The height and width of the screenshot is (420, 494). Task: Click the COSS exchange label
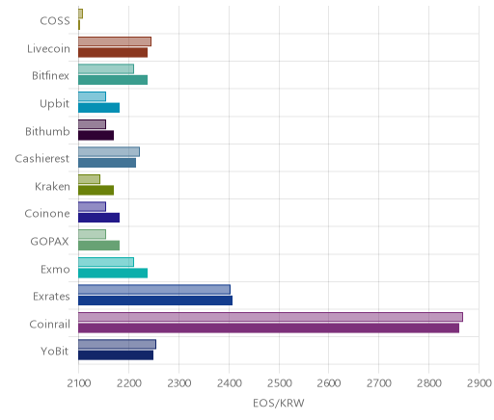(55, 21)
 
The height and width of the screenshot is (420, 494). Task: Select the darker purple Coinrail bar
(268, 328)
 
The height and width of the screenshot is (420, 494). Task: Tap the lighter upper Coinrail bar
(270, 317)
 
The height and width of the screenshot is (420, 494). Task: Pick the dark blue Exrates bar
(155, 301)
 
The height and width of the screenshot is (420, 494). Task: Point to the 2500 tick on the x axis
(279, 383)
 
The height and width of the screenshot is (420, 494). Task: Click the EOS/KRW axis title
(279, 403)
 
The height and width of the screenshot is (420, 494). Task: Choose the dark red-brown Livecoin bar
(113, 53)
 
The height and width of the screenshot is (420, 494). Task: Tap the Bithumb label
(47, 131)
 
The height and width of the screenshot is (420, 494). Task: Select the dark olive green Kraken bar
(96, 191)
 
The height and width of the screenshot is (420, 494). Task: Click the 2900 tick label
(480, 383)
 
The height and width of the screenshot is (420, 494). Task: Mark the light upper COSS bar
(80, 13)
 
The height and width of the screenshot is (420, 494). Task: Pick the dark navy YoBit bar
(116, 355)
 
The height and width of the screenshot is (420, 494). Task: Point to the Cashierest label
(42, 159)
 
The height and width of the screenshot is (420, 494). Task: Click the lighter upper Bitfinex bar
(106, 69)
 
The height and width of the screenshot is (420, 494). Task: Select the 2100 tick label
(79, 383)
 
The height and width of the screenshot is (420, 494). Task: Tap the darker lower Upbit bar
(98, 108)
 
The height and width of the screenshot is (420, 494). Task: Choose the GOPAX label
(49, 242)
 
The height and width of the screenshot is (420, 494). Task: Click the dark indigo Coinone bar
(98, 218)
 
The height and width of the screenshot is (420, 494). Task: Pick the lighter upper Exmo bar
(106, 262)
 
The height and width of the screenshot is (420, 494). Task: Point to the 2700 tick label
(379, 383)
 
